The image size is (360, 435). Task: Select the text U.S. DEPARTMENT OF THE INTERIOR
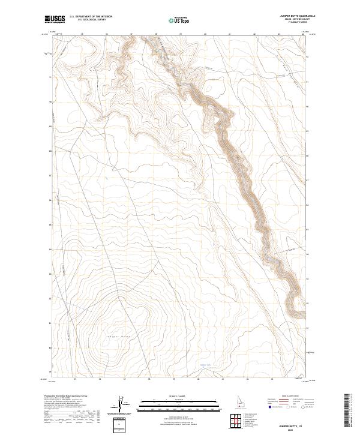[x=91, y=17]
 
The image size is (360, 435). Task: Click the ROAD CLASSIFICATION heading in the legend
[x=293, y=396]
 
